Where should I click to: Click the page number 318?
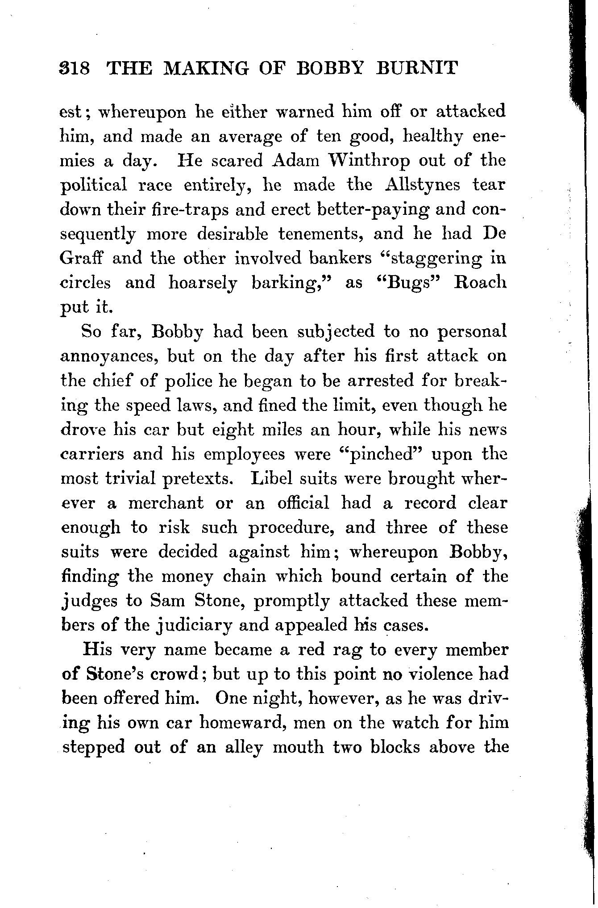pyautogui.click(x=75, y=68)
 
